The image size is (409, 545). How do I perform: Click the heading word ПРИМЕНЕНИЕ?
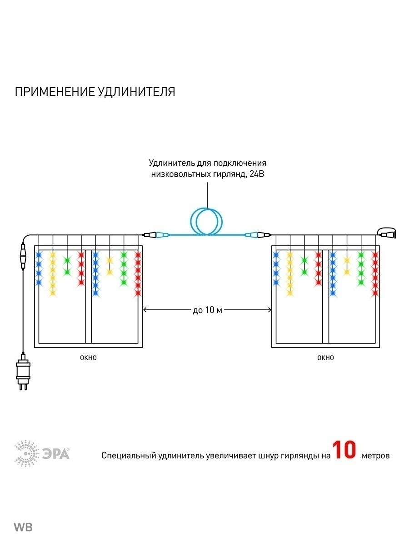[54, 92]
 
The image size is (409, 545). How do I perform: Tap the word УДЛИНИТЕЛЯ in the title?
[136, 92]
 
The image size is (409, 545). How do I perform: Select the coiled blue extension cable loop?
[207, 221]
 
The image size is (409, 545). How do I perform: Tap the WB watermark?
[23, 527]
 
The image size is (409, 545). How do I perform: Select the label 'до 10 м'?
[207, 310]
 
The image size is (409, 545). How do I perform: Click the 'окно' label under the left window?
[88, 358]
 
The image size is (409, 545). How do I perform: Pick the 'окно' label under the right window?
[325, 358]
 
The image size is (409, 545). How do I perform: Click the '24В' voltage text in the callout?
[257, 174]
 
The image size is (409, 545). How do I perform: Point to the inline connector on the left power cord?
[21, 257]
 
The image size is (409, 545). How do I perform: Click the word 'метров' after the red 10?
[375, 455]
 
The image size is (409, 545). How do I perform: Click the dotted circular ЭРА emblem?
[27, 453]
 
